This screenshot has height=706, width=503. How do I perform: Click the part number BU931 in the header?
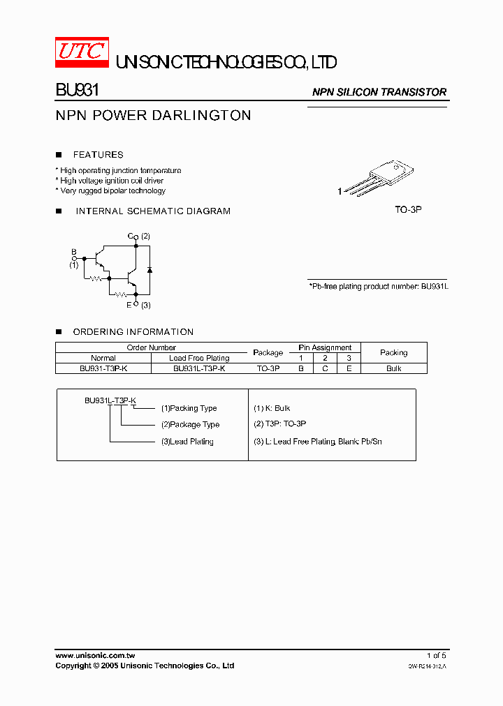(77, 91)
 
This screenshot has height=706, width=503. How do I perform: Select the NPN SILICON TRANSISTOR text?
(379, 92)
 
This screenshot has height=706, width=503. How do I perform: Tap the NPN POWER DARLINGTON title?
(153, 116)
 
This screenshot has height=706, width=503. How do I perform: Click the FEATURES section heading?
(98, 155)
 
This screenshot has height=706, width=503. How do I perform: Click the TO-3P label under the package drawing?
(408, 209)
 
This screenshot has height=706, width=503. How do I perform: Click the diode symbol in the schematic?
(149, 269)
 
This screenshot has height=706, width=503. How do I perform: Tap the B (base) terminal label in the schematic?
(73, 251)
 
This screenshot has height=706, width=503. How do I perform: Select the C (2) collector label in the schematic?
(138, 236)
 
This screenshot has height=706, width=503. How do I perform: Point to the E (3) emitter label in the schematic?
(138, 305)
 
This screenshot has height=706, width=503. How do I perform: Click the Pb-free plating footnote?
(377, 287)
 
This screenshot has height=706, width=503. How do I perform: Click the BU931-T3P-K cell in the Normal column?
(103, 368)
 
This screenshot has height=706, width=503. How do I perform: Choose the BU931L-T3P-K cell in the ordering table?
(199, 368)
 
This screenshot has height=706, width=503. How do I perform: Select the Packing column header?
(393, 352)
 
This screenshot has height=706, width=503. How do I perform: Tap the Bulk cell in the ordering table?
(393, 368)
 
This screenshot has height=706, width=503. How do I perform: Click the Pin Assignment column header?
(325, 347)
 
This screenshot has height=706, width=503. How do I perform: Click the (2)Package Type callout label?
(190, 424)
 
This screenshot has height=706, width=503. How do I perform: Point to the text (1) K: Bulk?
(272, 408)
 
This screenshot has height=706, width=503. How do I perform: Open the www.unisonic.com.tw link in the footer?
(95, 656)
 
